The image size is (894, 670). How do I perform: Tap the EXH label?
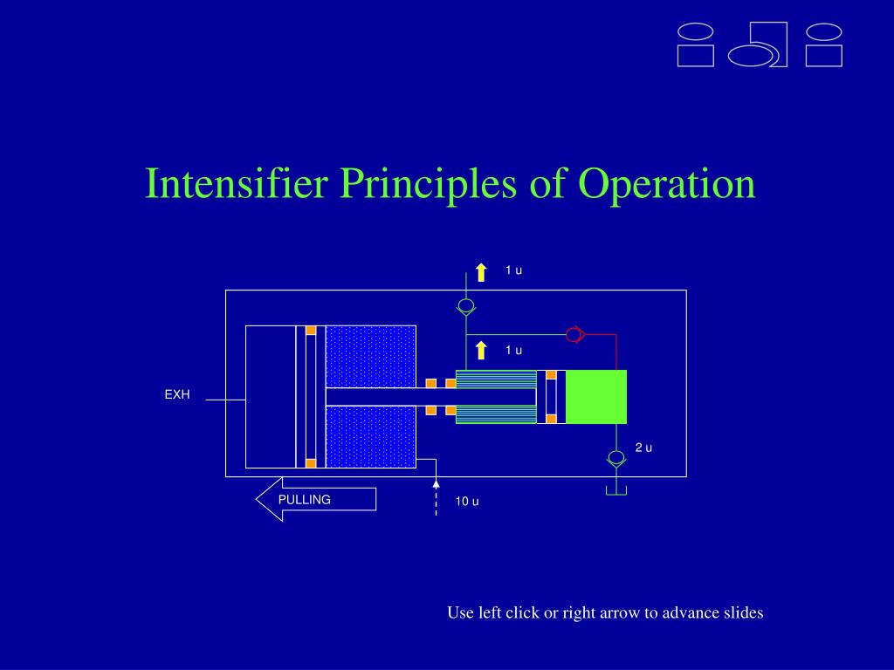point(177,395)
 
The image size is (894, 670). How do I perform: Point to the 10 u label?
point(467,502)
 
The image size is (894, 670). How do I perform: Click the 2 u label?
point(643,448)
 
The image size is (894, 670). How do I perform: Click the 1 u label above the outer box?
point(513,270)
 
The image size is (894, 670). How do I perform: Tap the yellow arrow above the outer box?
point(481,271)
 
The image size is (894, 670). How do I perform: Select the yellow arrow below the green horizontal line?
point(481,351)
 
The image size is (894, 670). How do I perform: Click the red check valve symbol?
point(574,334)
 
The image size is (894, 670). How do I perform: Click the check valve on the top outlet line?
point(466,306)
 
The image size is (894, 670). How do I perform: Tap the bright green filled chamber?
point(596,396)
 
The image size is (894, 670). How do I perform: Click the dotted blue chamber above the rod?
point(371,355)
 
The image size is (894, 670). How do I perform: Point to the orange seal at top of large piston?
point(311,331)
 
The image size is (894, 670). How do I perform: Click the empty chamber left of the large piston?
point(271,396)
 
